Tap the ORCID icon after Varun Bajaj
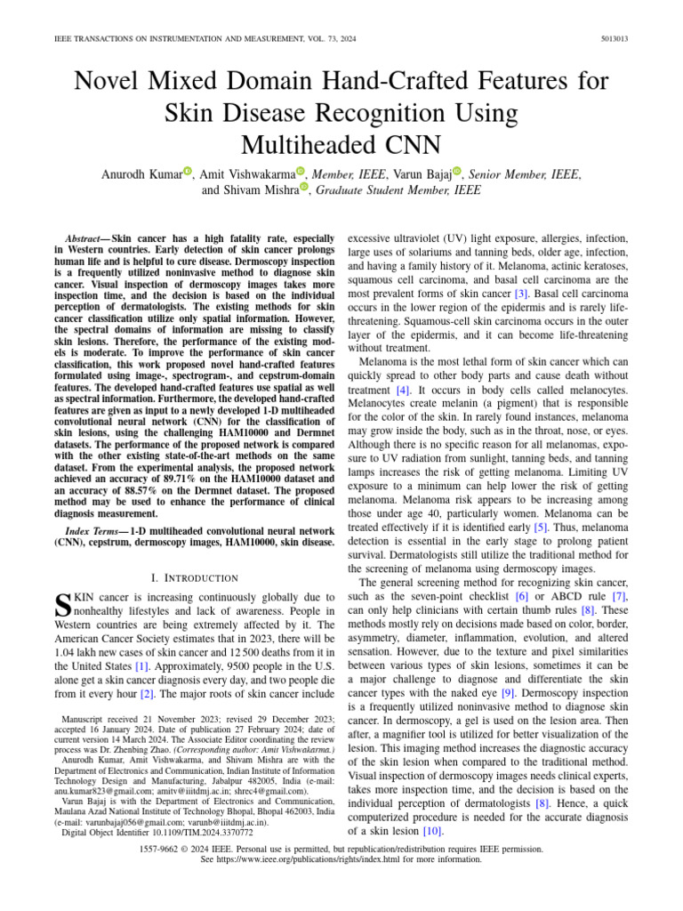pos(457,171)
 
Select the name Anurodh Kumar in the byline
pos(141,174)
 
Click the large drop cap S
pos(62,605)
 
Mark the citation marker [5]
pos(540,527)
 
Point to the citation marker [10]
pos(432,831)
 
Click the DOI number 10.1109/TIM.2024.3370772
pos(205,833)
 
